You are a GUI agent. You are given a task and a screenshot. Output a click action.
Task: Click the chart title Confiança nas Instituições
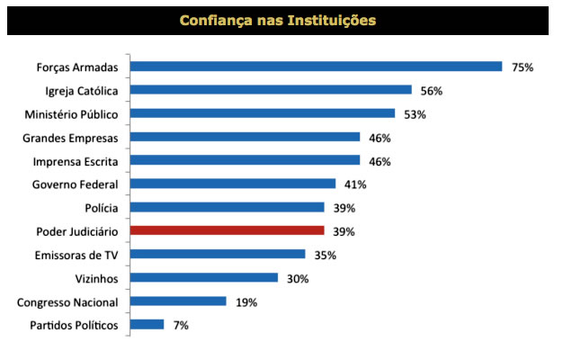(277, 20)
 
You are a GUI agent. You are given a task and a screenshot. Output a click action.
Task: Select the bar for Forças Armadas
(316, 67)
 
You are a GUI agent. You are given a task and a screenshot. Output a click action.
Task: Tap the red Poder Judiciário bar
(227, 230)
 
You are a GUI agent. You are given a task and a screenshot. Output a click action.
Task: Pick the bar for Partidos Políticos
(147, 325)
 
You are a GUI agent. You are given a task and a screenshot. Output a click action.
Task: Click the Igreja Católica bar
(271, 90)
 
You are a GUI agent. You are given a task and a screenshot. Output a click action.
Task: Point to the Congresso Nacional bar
(178, 301)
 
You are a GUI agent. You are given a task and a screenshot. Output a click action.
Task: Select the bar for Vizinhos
(204, 278)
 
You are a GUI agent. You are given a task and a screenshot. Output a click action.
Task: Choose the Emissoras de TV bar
(218, 255)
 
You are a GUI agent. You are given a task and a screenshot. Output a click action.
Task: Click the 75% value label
(523, 67)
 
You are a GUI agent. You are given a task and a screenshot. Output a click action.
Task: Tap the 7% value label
(181, 325)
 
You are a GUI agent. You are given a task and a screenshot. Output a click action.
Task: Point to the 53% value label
(415, 113)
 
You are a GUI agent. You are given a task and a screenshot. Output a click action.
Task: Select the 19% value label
(246, 301)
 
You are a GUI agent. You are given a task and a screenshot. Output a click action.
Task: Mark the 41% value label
(355, 184)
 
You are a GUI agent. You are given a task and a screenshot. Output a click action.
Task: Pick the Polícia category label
(101, 208)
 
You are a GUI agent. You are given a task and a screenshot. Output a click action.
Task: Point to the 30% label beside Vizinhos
(298, 278)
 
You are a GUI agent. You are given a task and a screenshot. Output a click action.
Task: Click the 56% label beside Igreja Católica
(431, 90)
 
